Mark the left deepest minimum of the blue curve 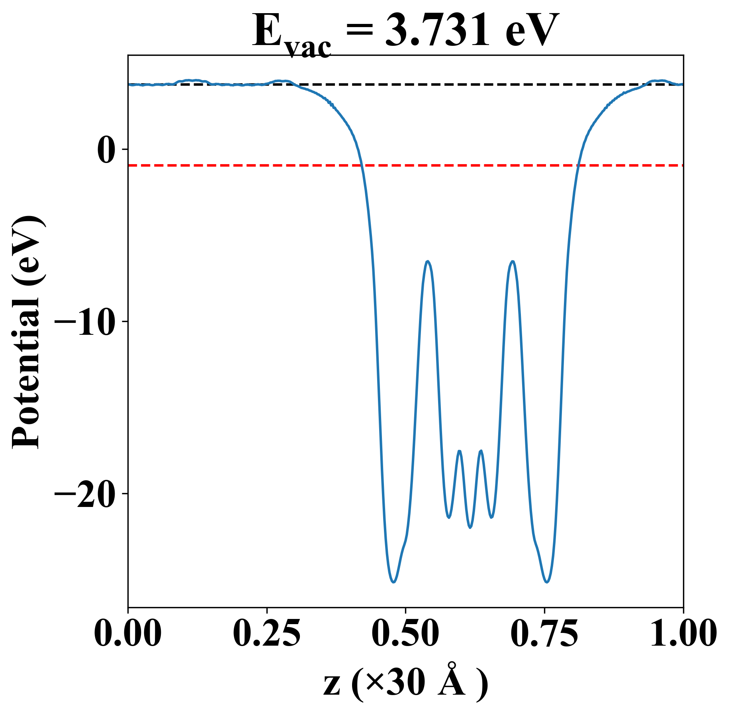393,582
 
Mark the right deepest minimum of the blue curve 547,582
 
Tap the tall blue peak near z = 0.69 513,261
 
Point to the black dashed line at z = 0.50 405,84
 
